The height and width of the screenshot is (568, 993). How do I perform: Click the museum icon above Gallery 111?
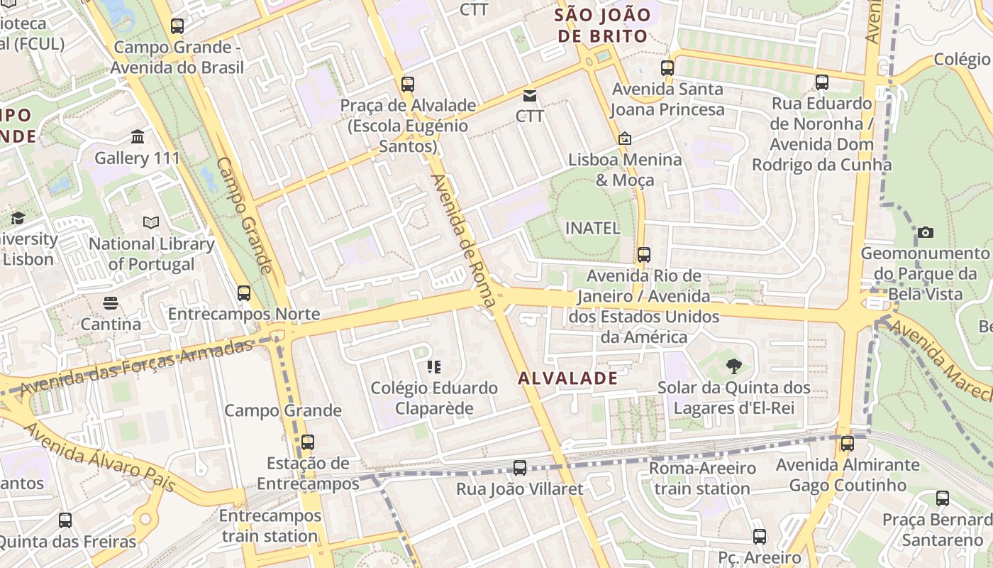[138, 136]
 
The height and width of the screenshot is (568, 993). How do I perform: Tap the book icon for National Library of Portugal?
[151, 222]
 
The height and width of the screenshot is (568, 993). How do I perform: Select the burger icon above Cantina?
[110, 303]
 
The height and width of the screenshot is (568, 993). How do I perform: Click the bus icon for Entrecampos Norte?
[244, 293]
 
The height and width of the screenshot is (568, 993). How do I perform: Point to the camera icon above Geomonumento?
[925, 232]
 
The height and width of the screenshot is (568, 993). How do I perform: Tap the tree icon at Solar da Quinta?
[734, 366]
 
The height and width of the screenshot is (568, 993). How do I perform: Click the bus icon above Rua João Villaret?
[520, 467]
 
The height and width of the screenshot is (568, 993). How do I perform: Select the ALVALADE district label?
[567, 378]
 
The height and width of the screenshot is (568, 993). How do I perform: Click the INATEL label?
[592, 228]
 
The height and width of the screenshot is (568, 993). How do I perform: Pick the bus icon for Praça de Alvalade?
[407, 84]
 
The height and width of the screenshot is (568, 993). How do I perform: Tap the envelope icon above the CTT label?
[530, 95]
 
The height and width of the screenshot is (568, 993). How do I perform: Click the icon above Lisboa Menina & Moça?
[625, 138]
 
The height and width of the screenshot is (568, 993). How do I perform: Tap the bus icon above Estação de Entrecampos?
[307, 442]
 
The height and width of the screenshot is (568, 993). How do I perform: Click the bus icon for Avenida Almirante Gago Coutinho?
[847, 444]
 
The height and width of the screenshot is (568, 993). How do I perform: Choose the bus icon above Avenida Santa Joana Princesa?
[667, 68]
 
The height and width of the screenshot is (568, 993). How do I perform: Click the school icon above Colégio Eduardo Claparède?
[433, 367]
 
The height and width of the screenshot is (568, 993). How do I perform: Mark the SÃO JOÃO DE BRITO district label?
[603, 25]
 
